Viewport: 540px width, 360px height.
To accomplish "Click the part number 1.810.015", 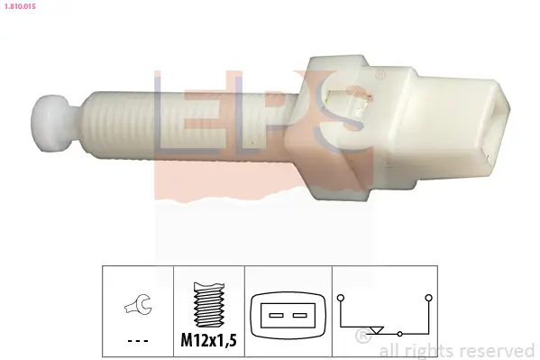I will tap(22, 10).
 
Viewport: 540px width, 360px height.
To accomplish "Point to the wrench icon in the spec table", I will tap(138, 309).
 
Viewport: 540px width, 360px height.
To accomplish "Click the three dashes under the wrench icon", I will tap(138, 340).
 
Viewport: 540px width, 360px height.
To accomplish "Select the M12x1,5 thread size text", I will tap(209, 340).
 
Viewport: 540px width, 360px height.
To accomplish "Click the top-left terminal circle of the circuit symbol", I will tap(340, 296).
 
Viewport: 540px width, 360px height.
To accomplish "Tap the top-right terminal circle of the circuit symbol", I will tap(428, 296).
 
